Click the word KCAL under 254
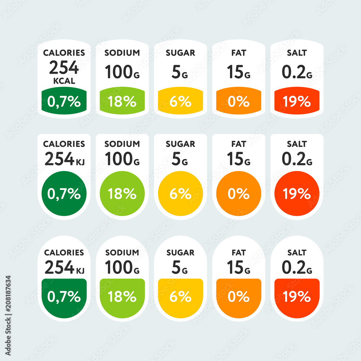(x=64, y=81)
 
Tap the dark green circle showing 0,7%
(x=64, y=193)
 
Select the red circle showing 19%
(x=297, y=193)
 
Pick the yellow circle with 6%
(x=180, y=193)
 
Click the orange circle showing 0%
(x=239, y=193)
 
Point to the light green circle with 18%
(x=122, y=193)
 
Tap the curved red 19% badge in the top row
(x=297, y=101)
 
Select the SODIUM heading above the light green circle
(x=122, y=144)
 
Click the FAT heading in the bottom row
(x=239, y=252)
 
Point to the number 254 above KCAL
(x=64, y=68)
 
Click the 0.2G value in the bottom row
(x=297, y=268)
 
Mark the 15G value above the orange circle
(x=239, y=159)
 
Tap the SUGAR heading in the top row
(x=180, y=53)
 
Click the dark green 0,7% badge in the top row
(x=64, y=101)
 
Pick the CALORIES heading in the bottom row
(x=64, y=252)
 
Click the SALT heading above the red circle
(x=297, y=144)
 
